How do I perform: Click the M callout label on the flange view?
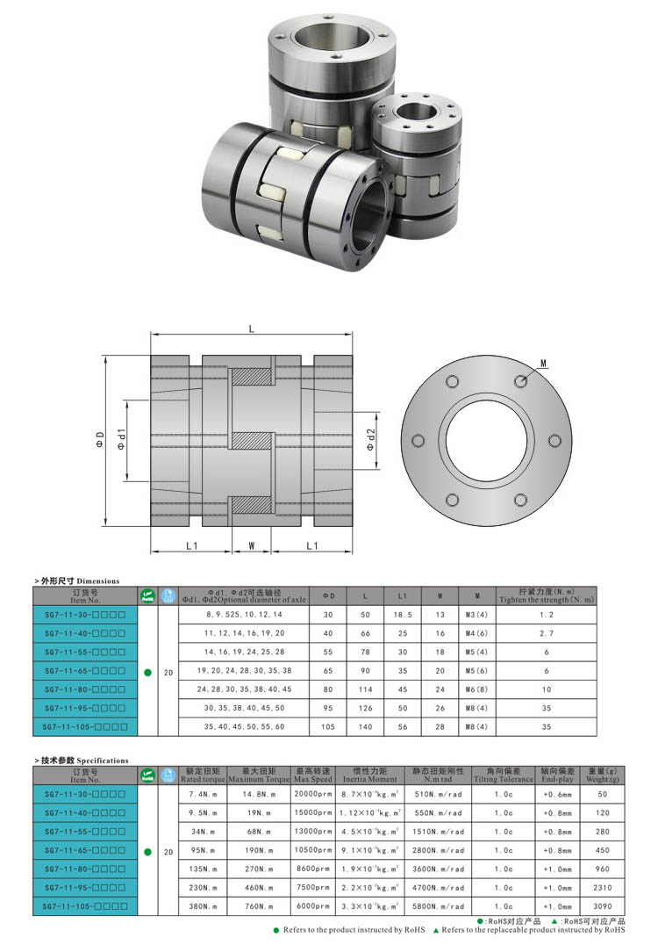coord(544,363)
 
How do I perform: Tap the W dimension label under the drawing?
coord(252,545)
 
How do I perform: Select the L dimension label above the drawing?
coord(252,328)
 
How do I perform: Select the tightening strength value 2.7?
coord(546,634)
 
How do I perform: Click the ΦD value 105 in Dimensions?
coord(329,726)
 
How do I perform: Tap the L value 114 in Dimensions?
coord(366,689)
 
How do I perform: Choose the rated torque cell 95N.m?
coord(203,851)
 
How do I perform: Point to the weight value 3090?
coord(602,906)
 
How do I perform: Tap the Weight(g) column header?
coord(602,775)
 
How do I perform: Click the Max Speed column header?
coord(313,775)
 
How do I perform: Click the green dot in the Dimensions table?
coord(147,671)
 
